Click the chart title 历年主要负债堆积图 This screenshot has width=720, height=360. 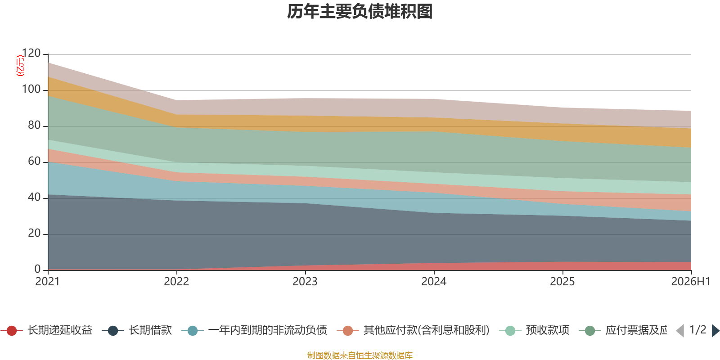pos(360,12)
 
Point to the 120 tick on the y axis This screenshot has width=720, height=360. pos(31,53)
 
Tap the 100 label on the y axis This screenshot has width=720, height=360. pos(31,89)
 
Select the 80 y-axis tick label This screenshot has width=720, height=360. pos(34,125)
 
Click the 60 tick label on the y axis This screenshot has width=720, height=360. pos(34,161)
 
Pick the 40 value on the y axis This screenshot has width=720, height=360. pos(34,197)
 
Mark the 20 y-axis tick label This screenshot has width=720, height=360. pos(34,233)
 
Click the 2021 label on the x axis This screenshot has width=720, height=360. pos(48,282)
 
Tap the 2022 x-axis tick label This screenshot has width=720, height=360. pos(176,282)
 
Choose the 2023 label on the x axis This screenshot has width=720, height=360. pos(305,282)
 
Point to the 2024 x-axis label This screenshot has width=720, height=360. pos(434,282)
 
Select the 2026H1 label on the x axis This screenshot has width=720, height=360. pos(691,282)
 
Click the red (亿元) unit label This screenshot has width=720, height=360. pos(20,66)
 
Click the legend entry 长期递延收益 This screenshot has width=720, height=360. pos(47,330)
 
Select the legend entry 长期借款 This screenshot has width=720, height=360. pos(137,330)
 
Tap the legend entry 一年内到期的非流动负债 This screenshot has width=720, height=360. pos(254,330)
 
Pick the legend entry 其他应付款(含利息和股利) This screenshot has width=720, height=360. pos(414,330)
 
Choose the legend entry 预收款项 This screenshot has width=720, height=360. pos(534,330)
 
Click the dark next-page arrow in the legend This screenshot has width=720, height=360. pos(715,331)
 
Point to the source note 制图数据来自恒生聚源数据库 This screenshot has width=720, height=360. pos(360,355)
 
